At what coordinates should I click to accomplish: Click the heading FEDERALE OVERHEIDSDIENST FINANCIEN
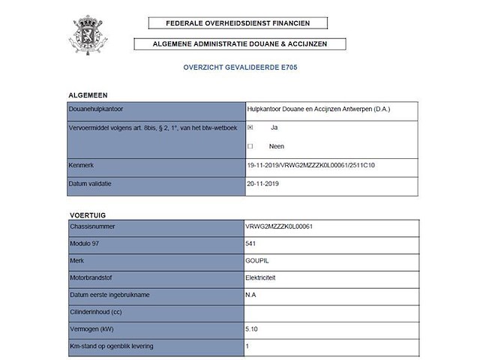pos(239,23)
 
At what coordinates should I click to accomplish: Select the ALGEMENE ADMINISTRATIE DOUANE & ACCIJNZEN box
pos(240,43)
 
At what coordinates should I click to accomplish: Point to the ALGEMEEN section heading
pos(88,95)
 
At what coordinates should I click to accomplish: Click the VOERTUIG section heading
pos(87,214)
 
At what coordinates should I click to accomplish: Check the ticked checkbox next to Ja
pos(250,128)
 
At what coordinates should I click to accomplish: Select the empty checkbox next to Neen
pos(250,146)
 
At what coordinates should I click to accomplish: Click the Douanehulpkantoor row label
pos(96,109)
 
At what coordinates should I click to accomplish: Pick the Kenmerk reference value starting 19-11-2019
pos(310,164)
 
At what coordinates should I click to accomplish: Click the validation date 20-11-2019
pos(262,182)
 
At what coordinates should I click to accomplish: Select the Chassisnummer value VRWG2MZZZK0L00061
pos(278,226)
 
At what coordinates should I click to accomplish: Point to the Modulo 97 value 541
pos(250,243)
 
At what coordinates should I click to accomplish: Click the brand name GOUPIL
pos(256,260)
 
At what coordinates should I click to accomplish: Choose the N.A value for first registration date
pos(250,295)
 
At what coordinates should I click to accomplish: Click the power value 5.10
pos(252,329)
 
